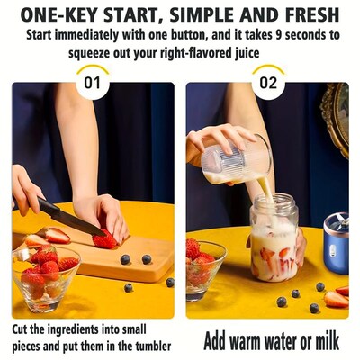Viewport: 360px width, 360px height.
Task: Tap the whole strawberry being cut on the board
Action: pyautogui.click(x=105, y=238)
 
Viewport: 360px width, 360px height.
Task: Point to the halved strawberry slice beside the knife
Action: pyautogui.click(x=56, y=236)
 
